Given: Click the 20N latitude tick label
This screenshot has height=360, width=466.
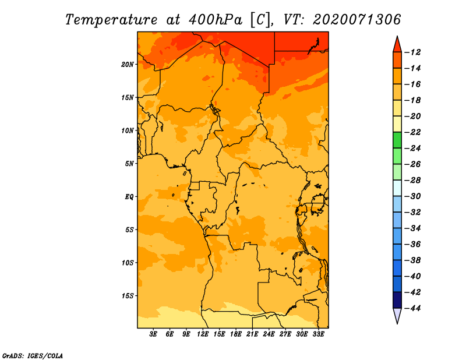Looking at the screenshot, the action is (x=128, y=65).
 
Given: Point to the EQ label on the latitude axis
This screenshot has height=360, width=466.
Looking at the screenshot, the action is (x=129, y=197).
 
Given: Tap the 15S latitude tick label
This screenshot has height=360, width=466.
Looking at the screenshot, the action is (x=128, y=296).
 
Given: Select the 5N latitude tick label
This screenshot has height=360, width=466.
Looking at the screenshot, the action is (x=129, y=164).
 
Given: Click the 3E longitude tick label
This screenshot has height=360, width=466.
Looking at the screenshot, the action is (x=153, y=334).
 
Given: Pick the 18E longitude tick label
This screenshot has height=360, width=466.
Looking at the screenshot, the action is (x=236, y=334).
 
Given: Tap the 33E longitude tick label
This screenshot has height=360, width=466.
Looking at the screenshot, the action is (x=318, y=334).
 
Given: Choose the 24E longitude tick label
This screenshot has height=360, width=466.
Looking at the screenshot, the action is (x=269, y=334).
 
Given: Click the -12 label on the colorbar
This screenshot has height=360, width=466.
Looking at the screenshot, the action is (x=412, y=52).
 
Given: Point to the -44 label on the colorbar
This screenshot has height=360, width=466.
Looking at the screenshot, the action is (x=412, y=308).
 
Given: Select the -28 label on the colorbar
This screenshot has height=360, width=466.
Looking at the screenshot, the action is (x=412, y=181).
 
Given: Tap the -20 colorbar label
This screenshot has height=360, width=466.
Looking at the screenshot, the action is (x=412, y=117).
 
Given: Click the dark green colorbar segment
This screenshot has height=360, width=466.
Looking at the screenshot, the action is (x=397, y=140).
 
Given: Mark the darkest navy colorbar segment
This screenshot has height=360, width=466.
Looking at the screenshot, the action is (x=397, y=300).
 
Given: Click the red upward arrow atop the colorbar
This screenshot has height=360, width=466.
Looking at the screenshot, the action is (x=397, y=44).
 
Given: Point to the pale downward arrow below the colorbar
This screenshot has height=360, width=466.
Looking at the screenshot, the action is (x=397, y=316).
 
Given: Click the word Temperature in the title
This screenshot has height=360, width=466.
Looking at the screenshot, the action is (x=111, y=20).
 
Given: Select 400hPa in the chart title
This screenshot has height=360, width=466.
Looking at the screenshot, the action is (x=215, y=20).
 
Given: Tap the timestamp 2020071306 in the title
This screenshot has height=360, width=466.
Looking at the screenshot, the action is (x=357, y=20).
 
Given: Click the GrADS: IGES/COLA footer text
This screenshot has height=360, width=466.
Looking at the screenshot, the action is (x=33, y=355).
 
